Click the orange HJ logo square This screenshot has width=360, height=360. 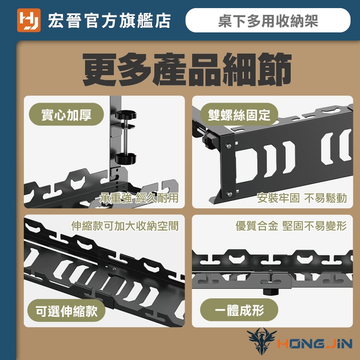pyautogui.click(x=29, y=20)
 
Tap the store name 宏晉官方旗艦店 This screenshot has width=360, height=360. pyautogui.click(x=109, y=20)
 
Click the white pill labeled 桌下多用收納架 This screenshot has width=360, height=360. pyautogui.click(x=268, y=20)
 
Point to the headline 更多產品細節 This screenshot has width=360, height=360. pyautogui.click(x=187, y=69)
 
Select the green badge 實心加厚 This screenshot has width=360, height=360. pyautogui.click(x=66, y=114)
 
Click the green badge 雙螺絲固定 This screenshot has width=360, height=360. pyautogui.click(x=239, y=114)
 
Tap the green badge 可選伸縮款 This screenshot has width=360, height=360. pyautogui.click(x=66, y=310)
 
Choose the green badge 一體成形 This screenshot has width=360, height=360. pyautogui.click(x=239, y=310)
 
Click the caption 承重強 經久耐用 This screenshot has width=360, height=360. pyautogui.click(x=139, y=198)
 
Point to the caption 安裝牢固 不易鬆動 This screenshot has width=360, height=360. pyautogui.click(x=301, y=198)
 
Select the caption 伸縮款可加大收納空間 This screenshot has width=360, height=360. pyautogui.click(x=125, y=226)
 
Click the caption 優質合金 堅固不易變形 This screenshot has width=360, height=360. pyautogui.click(x=291, y=226)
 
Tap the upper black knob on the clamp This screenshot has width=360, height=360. pyautogui.click(x=126, y=115)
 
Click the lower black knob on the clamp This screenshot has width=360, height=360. pyautogui.click(x=126, y=158)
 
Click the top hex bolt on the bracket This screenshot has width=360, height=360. pyautogui.click(x=229, y=146)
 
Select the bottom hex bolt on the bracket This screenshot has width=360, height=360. pyautogui.click(x=229, y=194)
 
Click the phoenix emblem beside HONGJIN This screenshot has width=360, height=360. pyautogui.click(x=262, y=341)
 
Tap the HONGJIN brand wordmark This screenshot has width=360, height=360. pyautogui.click(x=315, y=344)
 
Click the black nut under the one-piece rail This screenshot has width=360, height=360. pyautogui.click(x=270, y=292)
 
